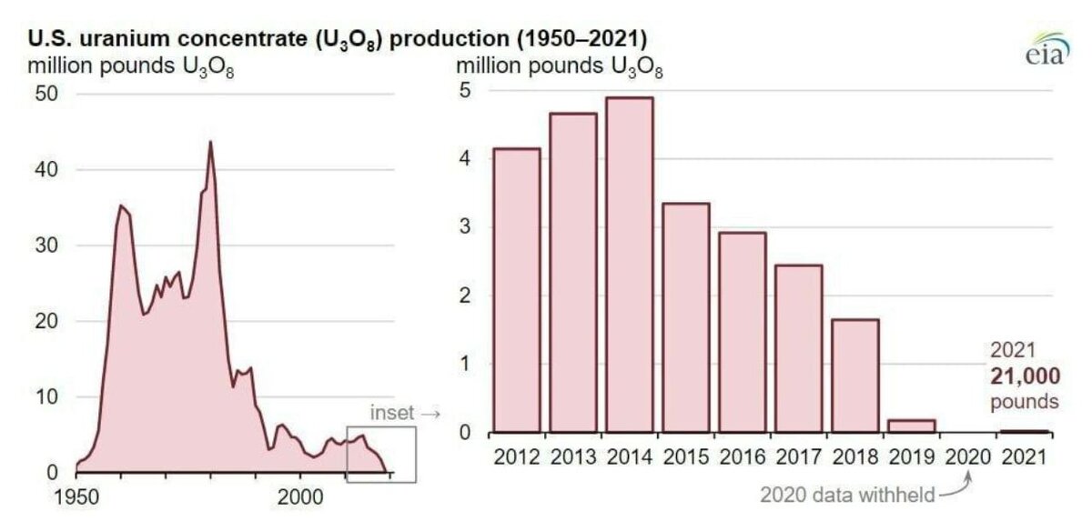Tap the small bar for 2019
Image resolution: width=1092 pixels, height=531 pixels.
(911, 426)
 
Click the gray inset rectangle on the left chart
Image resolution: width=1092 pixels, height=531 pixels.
(381, 454)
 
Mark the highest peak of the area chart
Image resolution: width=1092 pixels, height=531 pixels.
(210, 143)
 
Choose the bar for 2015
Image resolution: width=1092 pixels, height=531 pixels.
(685, 317)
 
